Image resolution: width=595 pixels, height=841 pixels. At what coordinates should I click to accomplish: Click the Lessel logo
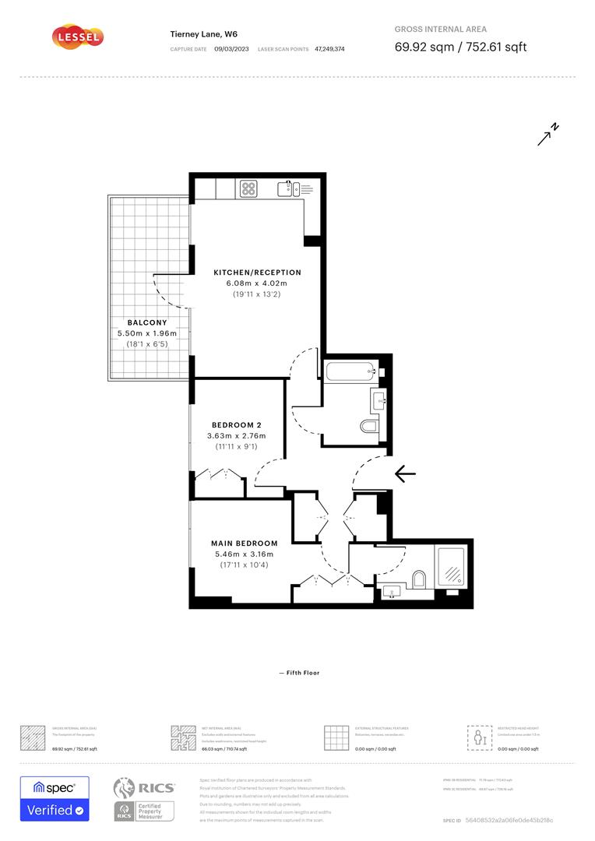[77, 37]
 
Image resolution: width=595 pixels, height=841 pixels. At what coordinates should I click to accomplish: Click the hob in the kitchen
[249, 188]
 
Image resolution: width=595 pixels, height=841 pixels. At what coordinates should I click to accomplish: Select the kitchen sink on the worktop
[287, 188]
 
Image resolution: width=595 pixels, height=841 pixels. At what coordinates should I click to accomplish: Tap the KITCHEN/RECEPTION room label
[257, 273]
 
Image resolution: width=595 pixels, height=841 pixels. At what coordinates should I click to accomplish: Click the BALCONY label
[147, 322]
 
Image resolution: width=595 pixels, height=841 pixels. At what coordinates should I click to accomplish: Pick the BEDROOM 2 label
[236, 424]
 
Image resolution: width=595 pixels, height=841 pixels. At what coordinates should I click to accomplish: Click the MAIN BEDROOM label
[244, 543]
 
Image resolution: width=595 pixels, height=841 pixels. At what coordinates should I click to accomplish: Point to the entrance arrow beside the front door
[405, 473]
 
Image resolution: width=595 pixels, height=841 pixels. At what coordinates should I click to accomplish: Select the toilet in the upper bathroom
[369, 426]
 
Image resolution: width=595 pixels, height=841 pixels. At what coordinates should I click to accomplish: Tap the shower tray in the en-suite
[450, 567]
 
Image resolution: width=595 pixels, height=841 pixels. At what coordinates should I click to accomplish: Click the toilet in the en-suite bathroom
[418, 578]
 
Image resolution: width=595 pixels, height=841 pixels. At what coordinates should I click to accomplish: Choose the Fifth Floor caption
[298, 673]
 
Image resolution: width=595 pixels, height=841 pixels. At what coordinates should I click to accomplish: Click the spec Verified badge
[55, 798]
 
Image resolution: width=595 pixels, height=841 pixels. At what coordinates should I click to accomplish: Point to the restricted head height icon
[477, 737]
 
